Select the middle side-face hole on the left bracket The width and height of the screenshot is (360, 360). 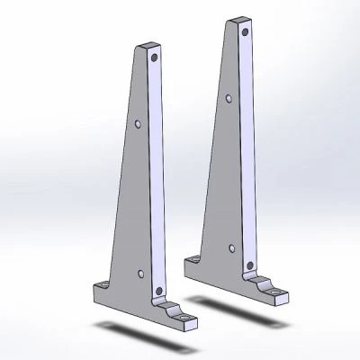(138, 123)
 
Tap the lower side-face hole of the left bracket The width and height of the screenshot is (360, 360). (140, 270)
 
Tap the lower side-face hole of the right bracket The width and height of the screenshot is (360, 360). (232, 245)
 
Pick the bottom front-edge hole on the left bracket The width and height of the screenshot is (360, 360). (159, 291)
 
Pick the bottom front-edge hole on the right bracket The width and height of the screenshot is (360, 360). (248, 265)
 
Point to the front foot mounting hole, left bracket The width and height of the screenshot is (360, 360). (186, 318)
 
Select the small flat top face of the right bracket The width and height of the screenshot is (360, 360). (239, 19)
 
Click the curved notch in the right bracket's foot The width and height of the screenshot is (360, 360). (261, 286)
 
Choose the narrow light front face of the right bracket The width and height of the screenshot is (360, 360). (248, 153)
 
